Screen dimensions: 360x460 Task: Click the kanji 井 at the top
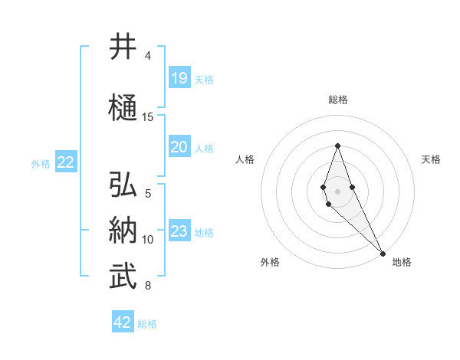[x=123, y=47]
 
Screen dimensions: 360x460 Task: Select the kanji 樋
[x=123, y=108]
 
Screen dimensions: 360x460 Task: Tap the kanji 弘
[x=123, y=185]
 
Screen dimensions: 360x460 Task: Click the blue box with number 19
[x=179, y=78]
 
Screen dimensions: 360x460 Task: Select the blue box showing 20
[x=179, y=147]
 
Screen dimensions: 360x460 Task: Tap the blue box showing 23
[x=179, y=231]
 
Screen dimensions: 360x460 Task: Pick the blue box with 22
[x=66, y=162]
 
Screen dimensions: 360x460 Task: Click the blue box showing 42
[x=123, y=322]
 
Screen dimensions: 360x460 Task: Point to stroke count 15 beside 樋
[x=148, y=117]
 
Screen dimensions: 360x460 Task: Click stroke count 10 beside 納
[x=148, y=240]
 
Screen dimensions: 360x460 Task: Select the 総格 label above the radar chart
[x=337, y=100]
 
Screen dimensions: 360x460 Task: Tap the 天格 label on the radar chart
[x=431, y=159]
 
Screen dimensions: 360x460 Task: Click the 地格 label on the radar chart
[x=402, y=263]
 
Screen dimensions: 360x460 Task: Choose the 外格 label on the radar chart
[x=270, y=263]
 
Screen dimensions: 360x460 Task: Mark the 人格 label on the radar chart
[x=245, y=159]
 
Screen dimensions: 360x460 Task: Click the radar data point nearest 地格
[x=383, y=253]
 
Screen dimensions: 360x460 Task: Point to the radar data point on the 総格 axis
[x=337, y=146]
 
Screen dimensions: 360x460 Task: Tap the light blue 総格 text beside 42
[x=147, y=324]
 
